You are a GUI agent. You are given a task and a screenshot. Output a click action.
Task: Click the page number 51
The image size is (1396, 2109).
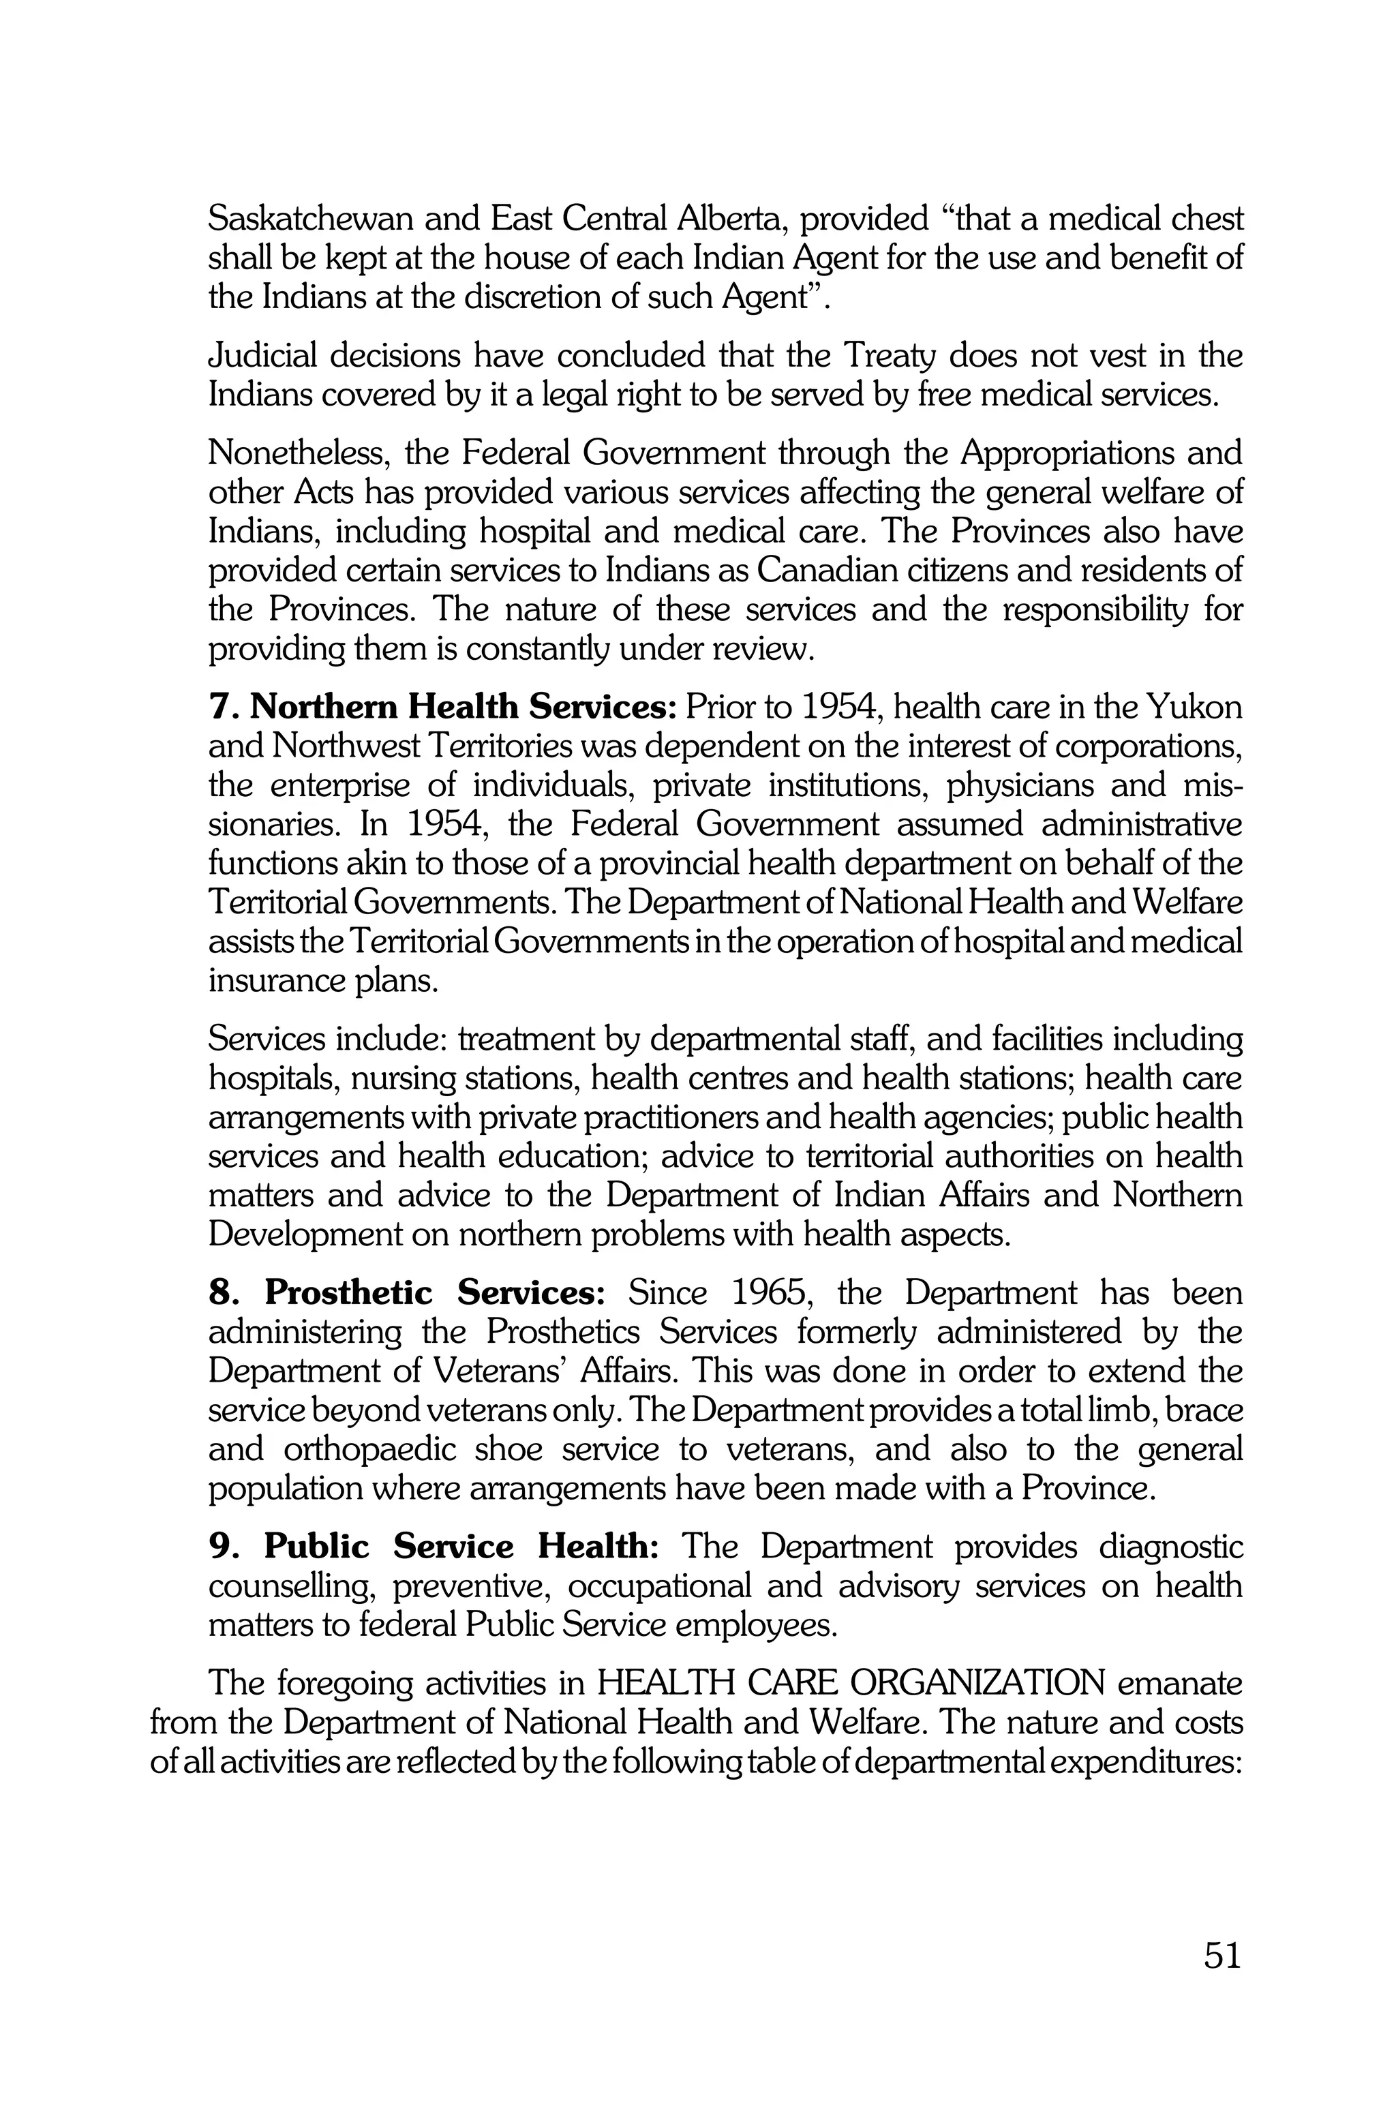pos(1222,1955)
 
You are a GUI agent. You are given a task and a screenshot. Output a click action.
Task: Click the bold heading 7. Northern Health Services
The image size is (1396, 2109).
pos(443,707)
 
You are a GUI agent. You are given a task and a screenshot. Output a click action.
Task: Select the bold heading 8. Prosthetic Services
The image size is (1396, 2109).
pos(407,1292)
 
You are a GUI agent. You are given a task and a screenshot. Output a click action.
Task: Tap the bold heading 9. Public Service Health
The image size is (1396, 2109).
pos(434,1547)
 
